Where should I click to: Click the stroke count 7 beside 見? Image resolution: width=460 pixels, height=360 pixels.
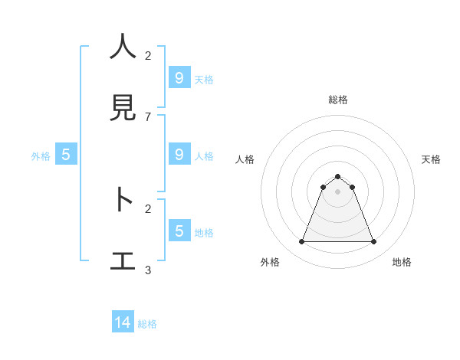point(148,116)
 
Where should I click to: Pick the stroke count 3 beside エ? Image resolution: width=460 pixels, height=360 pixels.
point(148,270)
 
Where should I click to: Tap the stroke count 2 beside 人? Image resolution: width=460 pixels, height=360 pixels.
point(148,55)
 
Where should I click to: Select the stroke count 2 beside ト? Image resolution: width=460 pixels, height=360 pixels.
point(148,208)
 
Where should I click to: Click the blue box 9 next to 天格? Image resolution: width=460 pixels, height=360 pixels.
point(179,77)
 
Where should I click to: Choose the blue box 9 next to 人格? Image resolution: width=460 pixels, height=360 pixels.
point(179,154)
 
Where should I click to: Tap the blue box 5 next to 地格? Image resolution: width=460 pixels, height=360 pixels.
point(179,231)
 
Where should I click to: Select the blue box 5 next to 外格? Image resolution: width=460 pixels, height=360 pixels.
point(66,155)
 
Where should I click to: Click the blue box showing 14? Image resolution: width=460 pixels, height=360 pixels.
point(123,322)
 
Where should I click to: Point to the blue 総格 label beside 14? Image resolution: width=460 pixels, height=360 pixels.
point(147,324)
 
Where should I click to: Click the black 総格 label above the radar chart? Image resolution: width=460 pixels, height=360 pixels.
point(338,100)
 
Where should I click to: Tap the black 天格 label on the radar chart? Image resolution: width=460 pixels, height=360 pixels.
point(431,159)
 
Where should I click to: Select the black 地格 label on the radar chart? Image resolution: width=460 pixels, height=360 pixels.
point(402,262)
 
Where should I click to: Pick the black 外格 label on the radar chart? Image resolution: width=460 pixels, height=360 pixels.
point(270,262)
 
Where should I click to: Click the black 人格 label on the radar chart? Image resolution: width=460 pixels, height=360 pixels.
point(245,159)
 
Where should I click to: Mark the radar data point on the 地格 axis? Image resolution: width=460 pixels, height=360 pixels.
point(374,242)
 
